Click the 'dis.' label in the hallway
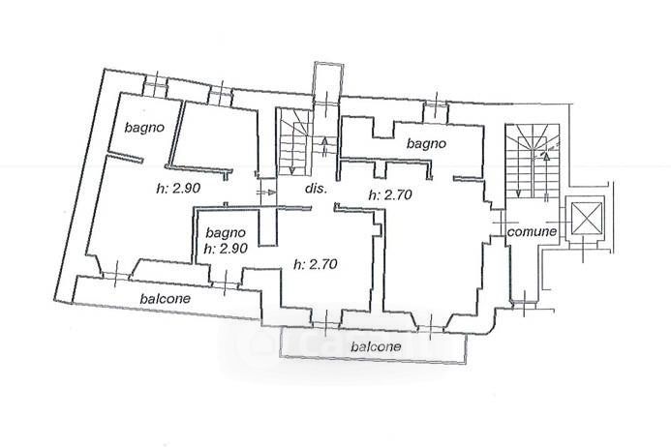[x=316, y=189]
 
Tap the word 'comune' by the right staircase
[x=532, y=232]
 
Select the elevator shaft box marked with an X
[x=587, y=219]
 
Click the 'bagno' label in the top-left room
[x=144, y=128]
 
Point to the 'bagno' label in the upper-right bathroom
[x=426, y=144]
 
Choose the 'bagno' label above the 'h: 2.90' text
[x=226, y=233]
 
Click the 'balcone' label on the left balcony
[x=166, y=298]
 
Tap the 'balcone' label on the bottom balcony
[x=376, y=346]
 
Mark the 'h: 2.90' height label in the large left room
[x=178, y=188]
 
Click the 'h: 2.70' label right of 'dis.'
[x=390, y=194]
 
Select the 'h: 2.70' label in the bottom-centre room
[x=316, y=264]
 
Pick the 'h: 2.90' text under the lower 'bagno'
[x=226, y=248]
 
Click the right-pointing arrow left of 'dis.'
[x=266, y=193]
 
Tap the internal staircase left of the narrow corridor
[x=294, y=141]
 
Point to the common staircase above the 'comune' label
[x=533, y=162]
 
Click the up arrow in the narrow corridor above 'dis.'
[x=324, y=145]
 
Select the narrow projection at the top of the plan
[x=328, y=82]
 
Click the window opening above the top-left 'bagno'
[x=155, y=85]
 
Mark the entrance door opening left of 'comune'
[x=498, y=223]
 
